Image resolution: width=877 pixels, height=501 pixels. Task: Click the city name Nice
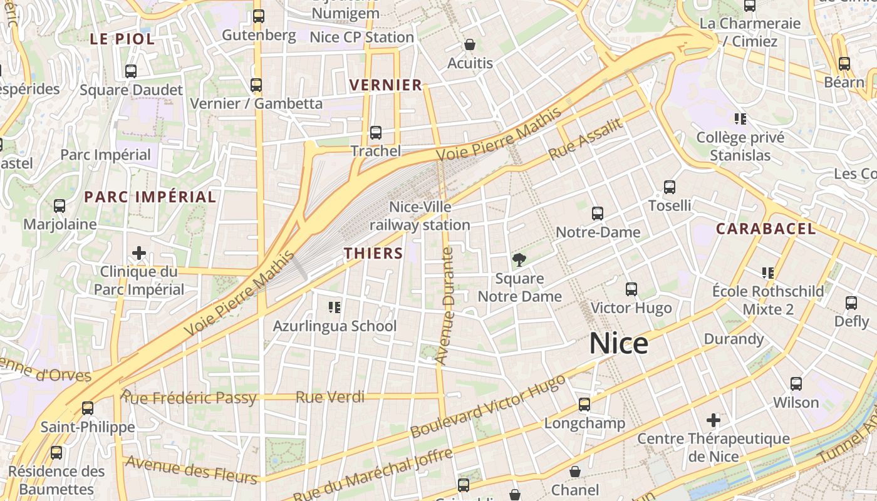click(x=618, y=344)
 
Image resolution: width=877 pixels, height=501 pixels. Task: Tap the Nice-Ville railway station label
click(x=420, y=215)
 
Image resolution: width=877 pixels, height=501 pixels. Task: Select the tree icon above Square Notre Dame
click(x=519, y=259)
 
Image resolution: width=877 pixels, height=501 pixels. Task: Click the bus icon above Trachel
click(x=376, y=133)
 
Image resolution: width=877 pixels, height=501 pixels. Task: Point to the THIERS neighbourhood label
click(x=373, y=253)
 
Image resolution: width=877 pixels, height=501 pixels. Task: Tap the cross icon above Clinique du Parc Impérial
click(x=139, y=253)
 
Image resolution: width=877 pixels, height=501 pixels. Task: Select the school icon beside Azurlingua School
click(x=335, y=307)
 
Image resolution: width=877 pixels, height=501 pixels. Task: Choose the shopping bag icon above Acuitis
click(x=470, y=44)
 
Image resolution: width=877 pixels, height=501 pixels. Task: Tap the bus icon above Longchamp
click(x=584, y=405)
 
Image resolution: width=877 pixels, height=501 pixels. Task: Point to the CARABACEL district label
click(x=765, y=229)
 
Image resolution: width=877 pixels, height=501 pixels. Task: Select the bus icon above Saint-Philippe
click(x=88, y=408)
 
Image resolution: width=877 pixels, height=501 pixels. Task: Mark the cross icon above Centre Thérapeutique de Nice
click(x=713, y=420)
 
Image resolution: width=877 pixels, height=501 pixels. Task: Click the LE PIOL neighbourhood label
click(x=122, y=39)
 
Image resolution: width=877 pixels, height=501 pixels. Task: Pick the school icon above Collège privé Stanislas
click(x=740, y=118)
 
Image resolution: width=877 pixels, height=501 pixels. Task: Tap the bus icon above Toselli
click(x=670, y=187)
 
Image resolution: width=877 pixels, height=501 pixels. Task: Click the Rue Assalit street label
click(x=586, y=139)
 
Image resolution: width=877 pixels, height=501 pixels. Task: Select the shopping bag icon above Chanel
click(x=575, y=472)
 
